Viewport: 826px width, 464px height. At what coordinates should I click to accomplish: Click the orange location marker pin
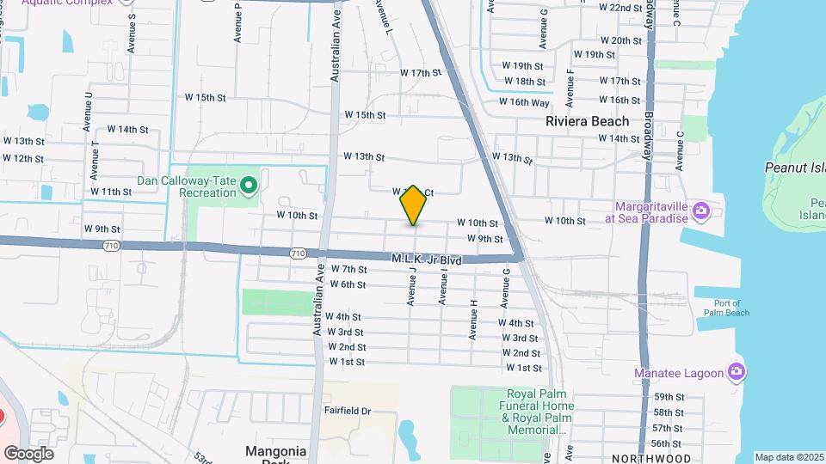[413, 205]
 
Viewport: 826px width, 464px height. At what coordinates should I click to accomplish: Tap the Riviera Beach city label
[587, 121]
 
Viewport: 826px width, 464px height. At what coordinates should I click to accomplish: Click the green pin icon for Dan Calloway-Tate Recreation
[249, 185]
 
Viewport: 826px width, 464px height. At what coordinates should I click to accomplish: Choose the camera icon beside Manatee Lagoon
[736, 372]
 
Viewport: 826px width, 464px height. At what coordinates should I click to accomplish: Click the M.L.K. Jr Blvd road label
[427, 259]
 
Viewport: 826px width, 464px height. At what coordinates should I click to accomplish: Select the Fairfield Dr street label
[347, 412]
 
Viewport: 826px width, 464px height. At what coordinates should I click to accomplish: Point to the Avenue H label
[473, 320]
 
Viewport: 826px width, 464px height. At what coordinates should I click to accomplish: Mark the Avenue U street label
[88, 112]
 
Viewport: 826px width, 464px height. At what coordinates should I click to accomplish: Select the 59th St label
[668, 397]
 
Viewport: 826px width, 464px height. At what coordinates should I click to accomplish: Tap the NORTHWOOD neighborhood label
[651, 459]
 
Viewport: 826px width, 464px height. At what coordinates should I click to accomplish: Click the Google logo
[28, 453]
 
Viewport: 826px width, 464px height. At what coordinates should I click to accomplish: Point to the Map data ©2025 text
[789, 457]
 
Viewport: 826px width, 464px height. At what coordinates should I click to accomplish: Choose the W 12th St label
[23, 158]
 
